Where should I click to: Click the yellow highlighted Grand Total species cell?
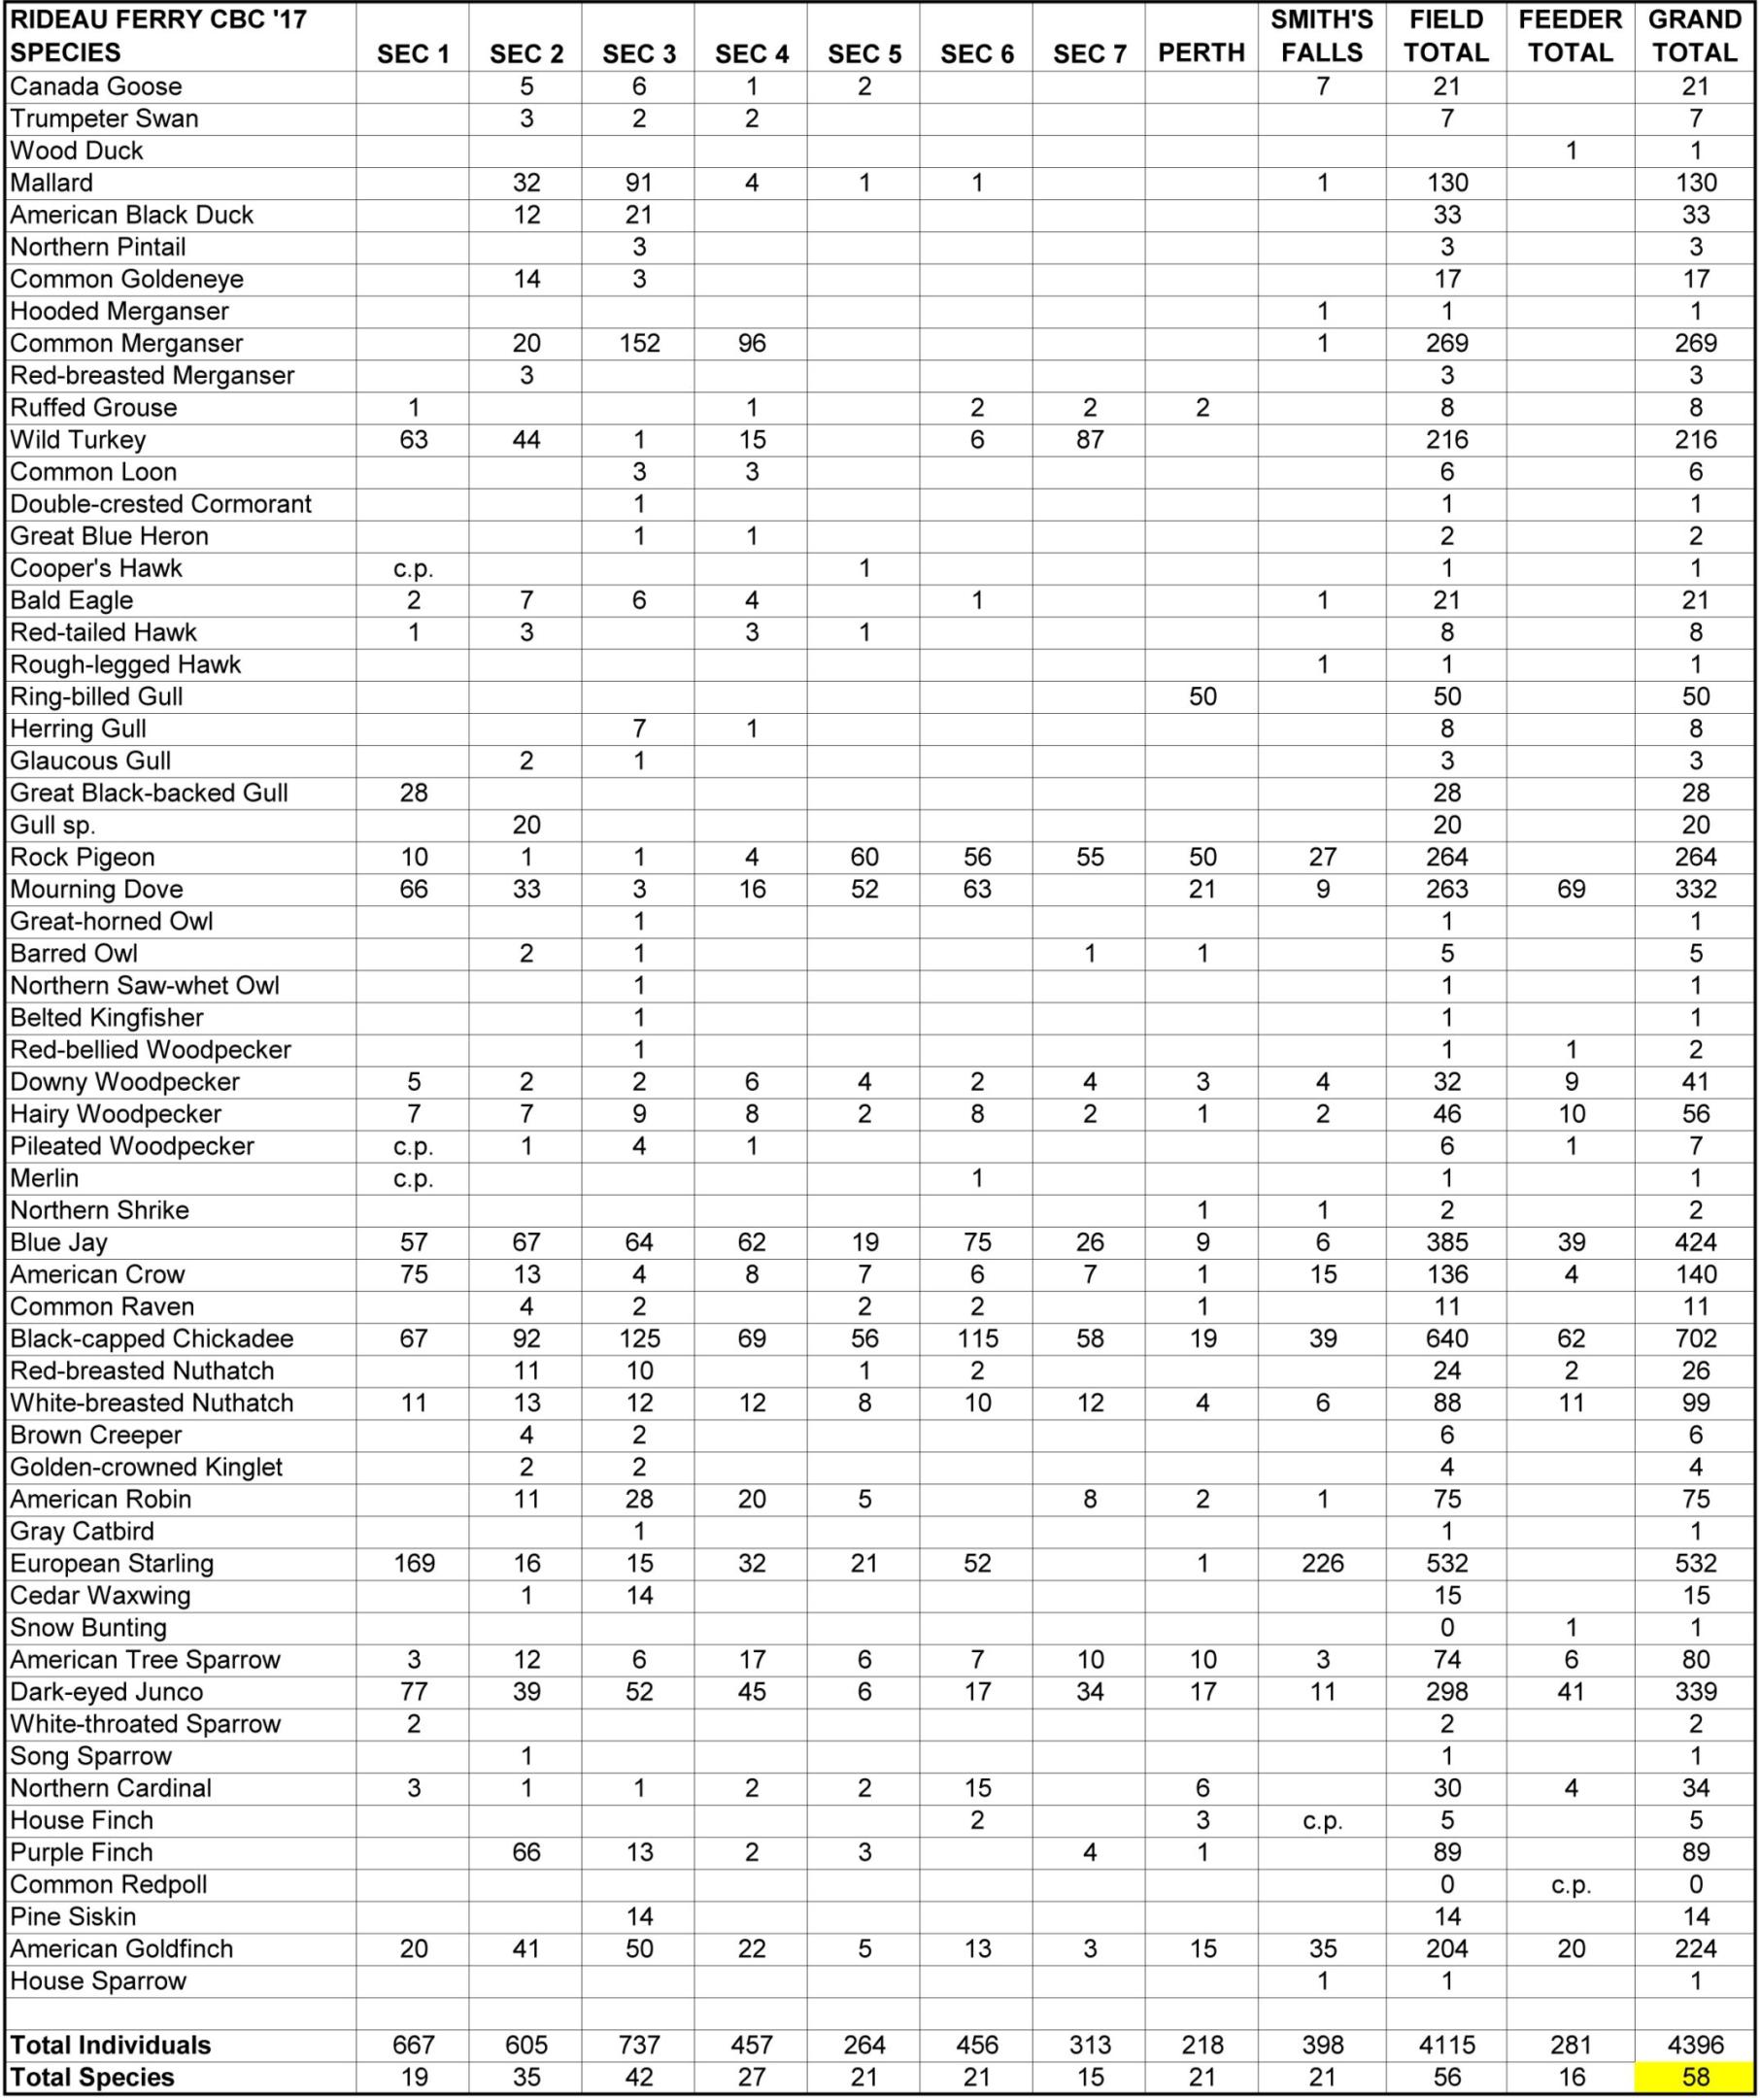[x=1695, y=2077]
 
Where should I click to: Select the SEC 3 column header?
[x=639, y=54]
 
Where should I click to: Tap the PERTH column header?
[x=1202, y=54]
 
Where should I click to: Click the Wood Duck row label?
[x=77, y=151]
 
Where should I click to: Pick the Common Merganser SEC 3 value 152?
[x=639, y=344]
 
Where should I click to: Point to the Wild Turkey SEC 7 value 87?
[x=1090, y=440]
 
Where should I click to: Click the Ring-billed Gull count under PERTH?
[x=1202, y=696]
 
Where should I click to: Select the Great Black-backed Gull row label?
[x=149, y=794]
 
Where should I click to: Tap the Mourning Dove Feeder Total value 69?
[x=1571, y=889]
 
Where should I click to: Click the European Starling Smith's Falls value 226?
[x=1323, y=1564]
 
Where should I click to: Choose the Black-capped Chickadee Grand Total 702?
[x=1695, y=1338]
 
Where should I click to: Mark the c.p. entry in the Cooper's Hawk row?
[x=414, y=568]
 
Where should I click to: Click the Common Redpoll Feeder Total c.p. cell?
[x=1571, y=1884]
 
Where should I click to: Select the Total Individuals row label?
[x=111, y=2045]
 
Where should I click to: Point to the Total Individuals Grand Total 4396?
[x=1695, y=2045]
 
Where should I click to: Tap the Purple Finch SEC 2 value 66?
[x=526, y=1852]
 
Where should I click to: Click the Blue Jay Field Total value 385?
[x=1446, y=1242]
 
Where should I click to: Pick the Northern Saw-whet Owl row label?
[x=145, y=986]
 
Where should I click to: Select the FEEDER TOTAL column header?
[x=1571, y=37]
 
